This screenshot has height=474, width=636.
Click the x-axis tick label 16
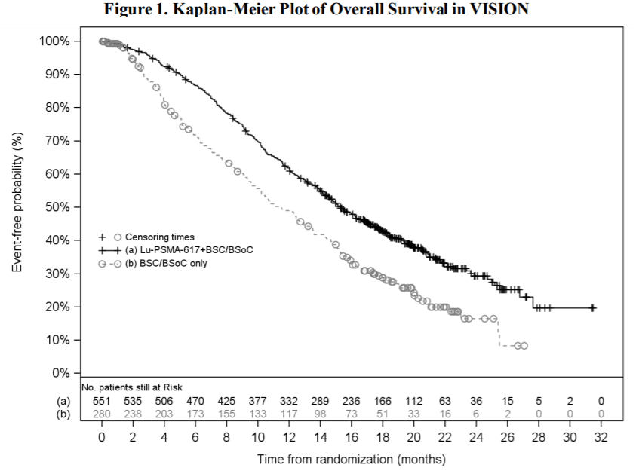coord(352,436)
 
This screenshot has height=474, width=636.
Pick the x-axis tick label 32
coord(601,436)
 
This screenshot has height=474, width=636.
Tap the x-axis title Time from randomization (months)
coord(351,459)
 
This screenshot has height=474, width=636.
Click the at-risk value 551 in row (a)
coord(102,401)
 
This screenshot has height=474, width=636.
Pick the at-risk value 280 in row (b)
coord(102,412)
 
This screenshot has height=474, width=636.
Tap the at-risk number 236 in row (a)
coord(352,401)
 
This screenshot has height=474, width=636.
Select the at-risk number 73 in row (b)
coord(352,412)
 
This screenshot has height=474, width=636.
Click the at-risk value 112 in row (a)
coord(413,401)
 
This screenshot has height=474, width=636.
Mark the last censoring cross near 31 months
coord(593,307)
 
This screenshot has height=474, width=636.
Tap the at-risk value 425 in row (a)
coord(226,401)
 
